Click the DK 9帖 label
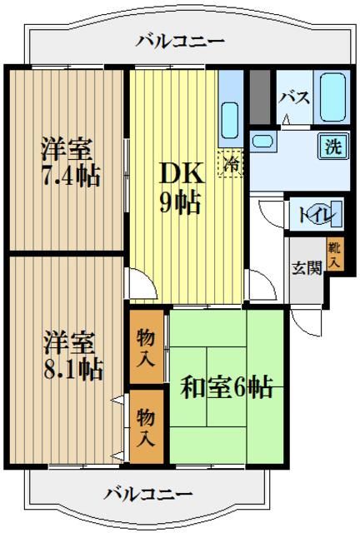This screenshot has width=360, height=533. pyautogui.click(x=180, y=187)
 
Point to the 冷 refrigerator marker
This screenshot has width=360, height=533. pyautogui.click(x=231, y=162)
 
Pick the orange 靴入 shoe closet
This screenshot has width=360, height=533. pyautogui.click(x=333, y=253)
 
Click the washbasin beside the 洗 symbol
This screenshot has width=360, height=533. pyautogui.click(x=265, y=140)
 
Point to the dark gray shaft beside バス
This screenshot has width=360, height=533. pyautogui.click(x=259, y=98)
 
